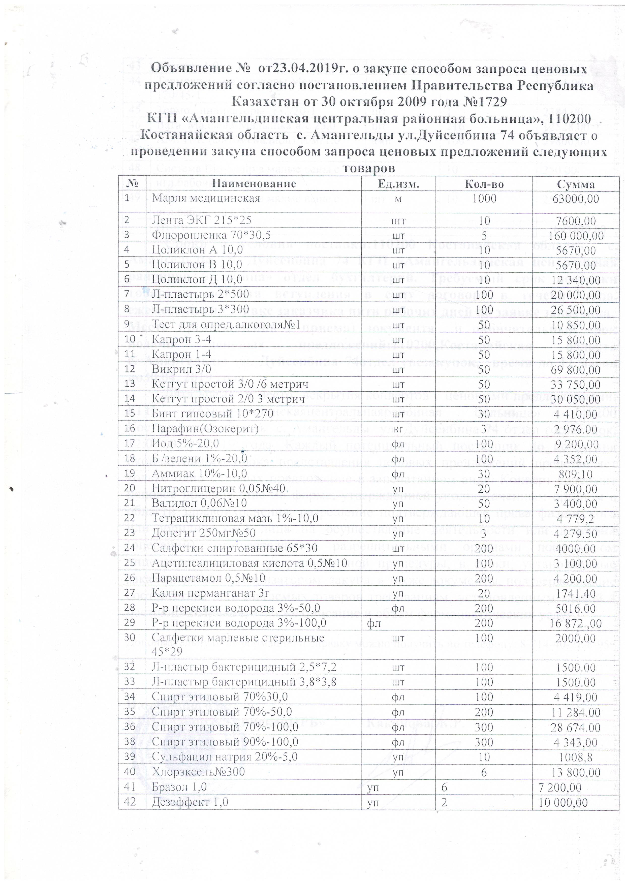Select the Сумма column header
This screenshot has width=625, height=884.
tap(575, 184)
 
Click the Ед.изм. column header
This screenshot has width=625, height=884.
tap(398, 184)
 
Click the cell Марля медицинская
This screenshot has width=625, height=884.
tap(206, 198)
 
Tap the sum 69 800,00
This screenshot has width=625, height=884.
tap(575, 370)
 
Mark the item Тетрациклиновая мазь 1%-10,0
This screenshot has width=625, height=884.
tap(235, 518)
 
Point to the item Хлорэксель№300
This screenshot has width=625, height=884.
tap(198, 772)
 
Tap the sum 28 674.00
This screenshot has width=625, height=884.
tap(576, 727)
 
